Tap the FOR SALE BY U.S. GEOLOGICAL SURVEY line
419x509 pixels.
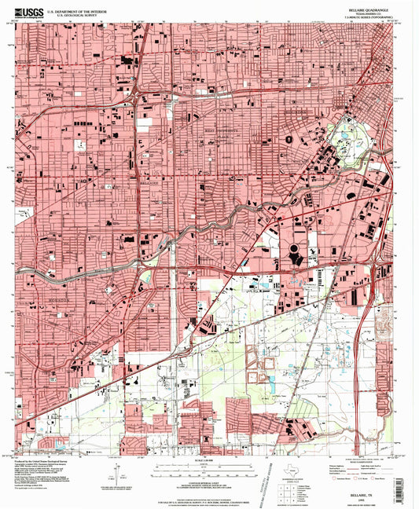pyautogui.click(x=208, y=495)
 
